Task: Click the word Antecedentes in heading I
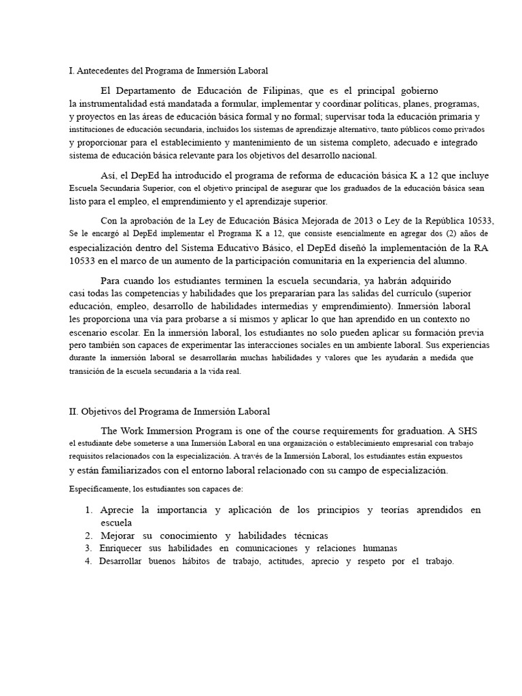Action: point(105,71)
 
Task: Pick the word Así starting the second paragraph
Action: point(109,176)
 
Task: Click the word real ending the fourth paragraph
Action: point(231,371)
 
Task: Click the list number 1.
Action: point(88,510)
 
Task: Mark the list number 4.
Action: point(88,561)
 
